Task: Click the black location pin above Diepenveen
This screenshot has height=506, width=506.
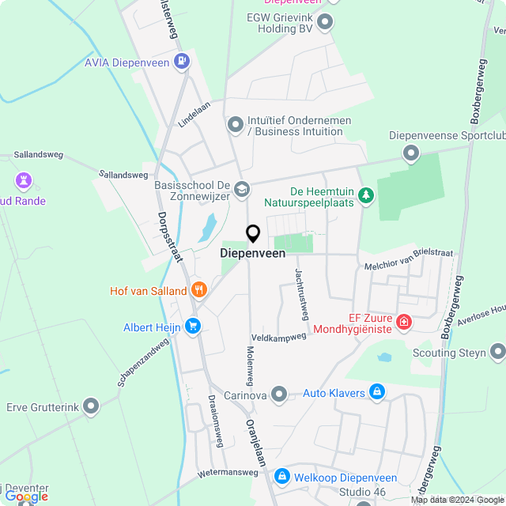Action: point(253,233)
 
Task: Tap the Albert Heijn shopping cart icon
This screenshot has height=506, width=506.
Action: point(192,326)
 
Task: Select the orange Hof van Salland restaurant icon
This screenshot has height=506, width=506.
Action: point(198,290)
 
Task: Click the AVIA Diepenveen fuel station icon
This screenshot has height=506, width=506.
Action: point(183,60)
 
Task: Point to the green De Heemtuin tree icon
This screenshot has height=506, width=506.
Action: point(365,194)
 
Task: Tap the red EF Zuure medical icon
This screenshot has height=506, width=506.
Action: point(404,322)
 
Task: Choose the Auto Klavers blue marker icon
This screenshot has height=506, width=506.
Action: point(377,392)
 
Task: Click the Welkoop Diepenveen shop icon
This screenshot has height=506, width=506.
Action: point(282,476)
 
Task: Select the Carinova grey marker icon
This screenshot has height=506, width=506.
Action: point(278,393)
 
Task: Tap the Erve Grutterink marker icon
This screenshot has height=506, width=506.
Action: point(92,407)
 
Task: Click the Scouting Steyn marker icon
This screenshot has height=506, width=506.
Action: point(497,351)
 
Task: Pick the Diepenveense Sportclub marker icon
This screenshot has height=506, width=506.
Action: point(410,153)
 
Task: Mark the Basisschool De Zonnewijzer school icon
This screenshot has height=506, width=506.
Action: point(242,189)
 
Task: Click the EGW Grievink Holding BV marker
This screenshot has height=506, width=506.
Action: point(325,23)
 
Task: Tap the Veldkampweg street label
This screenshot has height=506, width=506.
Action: point(278,337)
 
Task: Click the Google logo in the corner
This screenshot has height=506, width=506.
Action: point(25,496)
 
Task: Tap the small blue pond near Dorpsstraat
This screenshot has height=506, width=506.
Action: point(207,228)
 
